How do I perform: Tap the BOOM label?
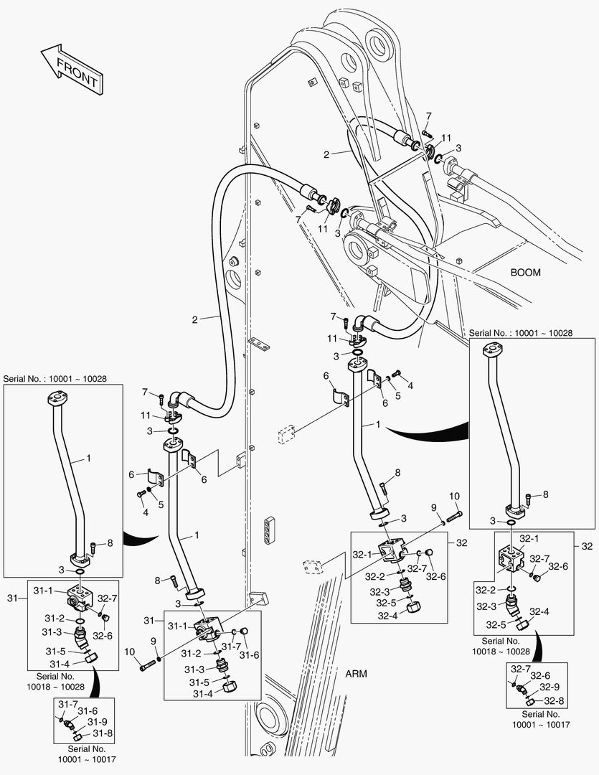click(x=525, y=273)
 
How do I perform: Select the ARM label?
click(x=357, y=674)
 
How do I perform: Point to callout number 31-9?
click(x=98, y=722)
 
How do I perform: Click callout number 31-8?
click(x=98, y=733)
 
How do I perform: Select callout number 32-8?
click(x=553, y=701)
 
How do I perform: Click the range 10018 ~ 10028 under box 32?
click(x=501, y=652)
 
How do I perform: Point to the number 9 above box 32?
click(x=434, y=507)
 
